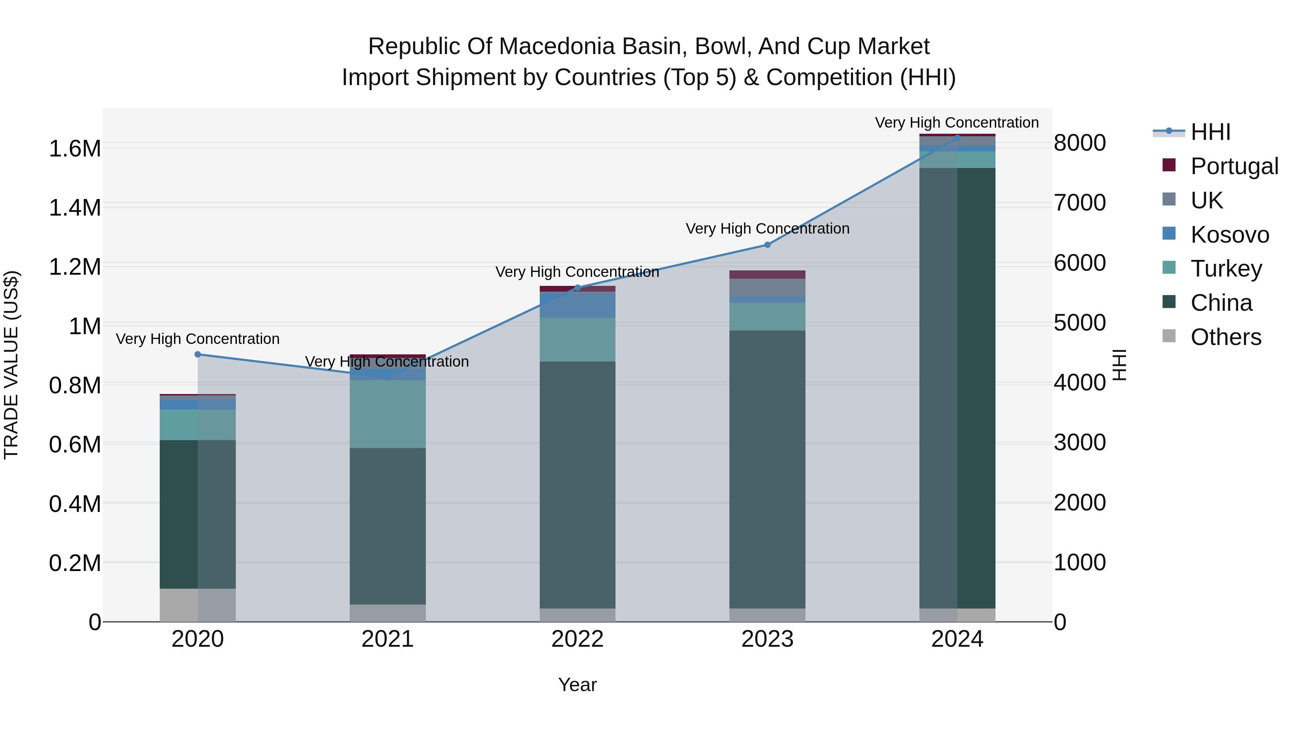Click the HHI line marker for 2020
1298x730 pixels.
click(x=198, y=354)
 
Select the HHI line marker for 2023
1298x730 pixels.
click(x=767, y=245)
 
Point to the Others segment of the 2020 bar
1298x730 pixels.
click(x=198, y=605)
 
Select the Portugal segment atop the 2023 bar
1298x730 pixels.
click(x=767, y=275)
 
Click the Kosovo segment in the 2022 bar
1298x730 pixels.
click(x=578, y=305)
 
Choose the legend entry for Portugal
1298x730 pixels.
click(x=1234, y=166)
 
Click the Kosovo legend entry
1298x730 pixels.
click(x=1229, y=235)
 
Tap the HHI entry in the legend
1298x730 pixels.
click(x=1210, y=132)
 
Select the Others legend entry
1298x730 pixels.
click(x=1226, y=337)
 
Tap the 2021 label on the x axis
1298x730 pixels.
click(x=388, y=639)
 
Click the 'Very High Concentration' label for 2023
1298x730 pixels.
click(x=767, y=229)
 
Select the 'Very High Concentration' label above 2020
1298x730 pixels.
click(x=198, y=339)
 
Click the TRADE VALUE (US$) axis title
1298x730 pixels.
click(x=11, y=365)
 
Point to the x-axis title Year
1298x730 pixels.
click(x=578, y=685)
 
